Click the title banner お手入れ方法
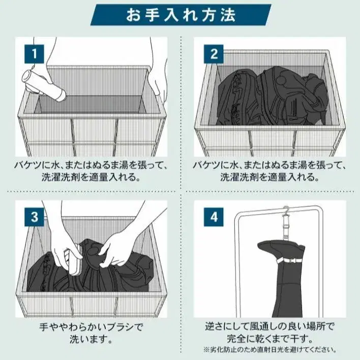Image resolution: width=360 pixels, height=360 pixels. (181, 15)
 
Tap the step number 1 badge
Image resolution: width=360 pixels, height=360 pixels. (34, 54)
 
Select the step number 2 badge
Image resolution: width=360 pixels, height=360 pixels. (214, 54)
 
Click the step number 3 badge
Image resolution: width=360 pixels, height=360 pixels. (34, 217)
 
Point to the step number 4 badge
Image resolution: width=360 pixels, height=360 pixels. (214, 217)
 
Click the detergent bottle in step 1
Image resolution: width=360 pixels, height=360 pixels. (43, 85)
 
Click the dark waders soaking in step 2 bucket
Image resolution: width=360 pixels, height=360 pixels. (272, 96)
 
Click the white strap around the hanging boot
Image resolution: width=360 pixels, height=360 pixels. (290, 261)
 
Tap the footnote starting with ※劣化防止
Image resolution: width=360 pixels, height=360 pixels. (270, 350)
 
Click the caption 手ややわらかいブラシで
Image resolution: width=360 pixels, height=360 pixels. (91, 327)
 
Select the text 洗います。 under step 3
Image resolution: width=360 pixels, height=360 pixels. (91, 339)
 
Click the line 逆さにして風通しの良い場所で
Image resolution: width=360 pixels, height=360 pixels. (270, 326)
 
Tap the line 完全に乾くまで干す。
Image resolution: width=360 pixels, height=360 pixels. (270, 339)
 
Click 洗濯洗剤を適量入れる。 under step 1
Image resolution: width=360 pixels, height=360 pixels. (91, 177)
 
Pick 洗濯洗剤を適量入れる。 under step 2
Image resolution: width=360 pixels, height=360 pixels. (270, 177)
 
